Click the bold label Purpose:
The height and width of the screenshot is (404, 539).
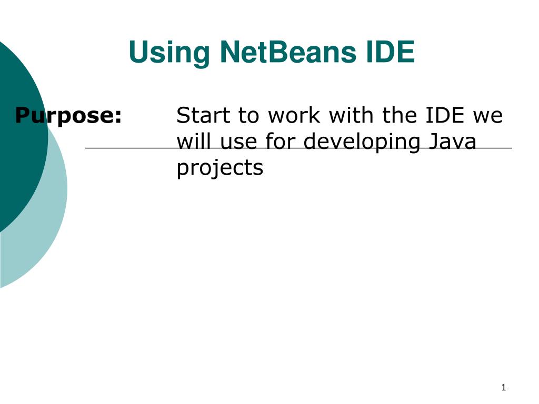click(x=68, y=115)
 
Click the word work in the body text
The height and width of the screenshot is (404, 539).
click(x=292, y=115)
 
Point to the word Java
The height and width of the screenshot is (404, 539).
click(x=451, y=141)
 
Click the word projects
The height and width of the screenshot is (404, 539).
click(x=219, y=168)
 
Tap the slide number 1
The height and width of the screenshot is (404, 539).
click(x=503, y=388)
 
